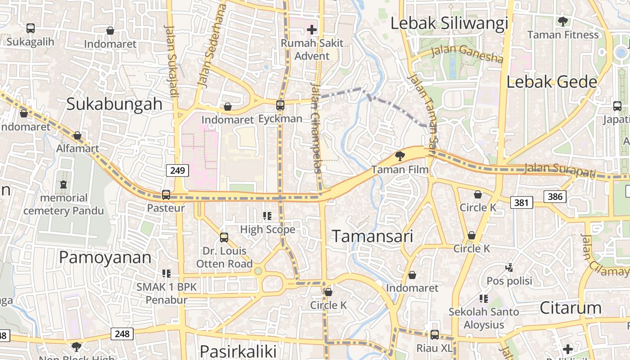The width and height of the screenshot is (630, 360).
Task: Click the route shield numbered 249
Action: tap(177, 171)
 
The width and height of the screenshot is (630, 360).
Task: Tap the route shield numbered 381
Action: tap(521, 202)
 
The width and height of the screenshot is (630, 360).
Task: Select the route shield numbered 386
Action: tap(555, 196)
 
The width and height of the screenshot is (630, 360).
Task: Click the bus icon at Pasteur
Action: tap(166, 195)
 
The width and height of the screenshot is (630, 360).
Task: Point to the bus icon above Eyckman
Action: tap(280, 105)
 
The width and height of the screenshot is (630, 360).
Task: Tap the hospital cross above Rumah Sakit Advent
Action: tap(311, 30)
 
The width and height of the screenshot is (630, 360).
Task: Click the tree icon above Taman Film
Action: tap(399, 156)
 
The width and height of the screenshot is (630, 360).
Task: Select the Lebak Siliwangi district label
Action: tap(449, 23)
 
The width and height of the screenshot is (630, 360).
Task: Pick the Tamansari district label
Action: tap(372, 236)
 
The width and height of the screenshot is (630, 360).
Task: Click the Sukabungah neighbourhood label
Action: tap(114, 103)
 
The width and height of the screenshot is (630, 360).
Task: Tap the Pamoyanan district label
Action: tap(105, 257)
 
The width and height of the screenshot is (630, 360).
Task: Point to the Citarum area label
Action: tap(570, 308)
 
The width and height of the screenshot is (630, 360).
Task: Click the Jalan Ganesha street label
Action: tap(467, 53)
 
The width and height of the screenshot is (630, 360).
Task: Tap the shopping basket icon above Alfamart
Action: tap(77, 135)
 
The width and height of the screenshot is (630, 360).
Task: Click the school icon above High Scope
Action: tap(267, 216)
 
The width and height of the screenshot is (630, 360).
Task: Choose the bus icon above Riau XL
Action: tap(434, 335)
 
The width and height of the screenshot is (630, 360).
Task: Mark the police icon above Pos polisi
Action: tap(509, 268)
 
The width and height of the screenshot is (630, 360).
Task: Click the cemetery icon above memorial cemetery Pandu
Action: tap(63, 184)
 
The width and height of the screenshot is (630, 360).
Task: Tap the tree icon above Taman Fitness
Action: tap(562, 21)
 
